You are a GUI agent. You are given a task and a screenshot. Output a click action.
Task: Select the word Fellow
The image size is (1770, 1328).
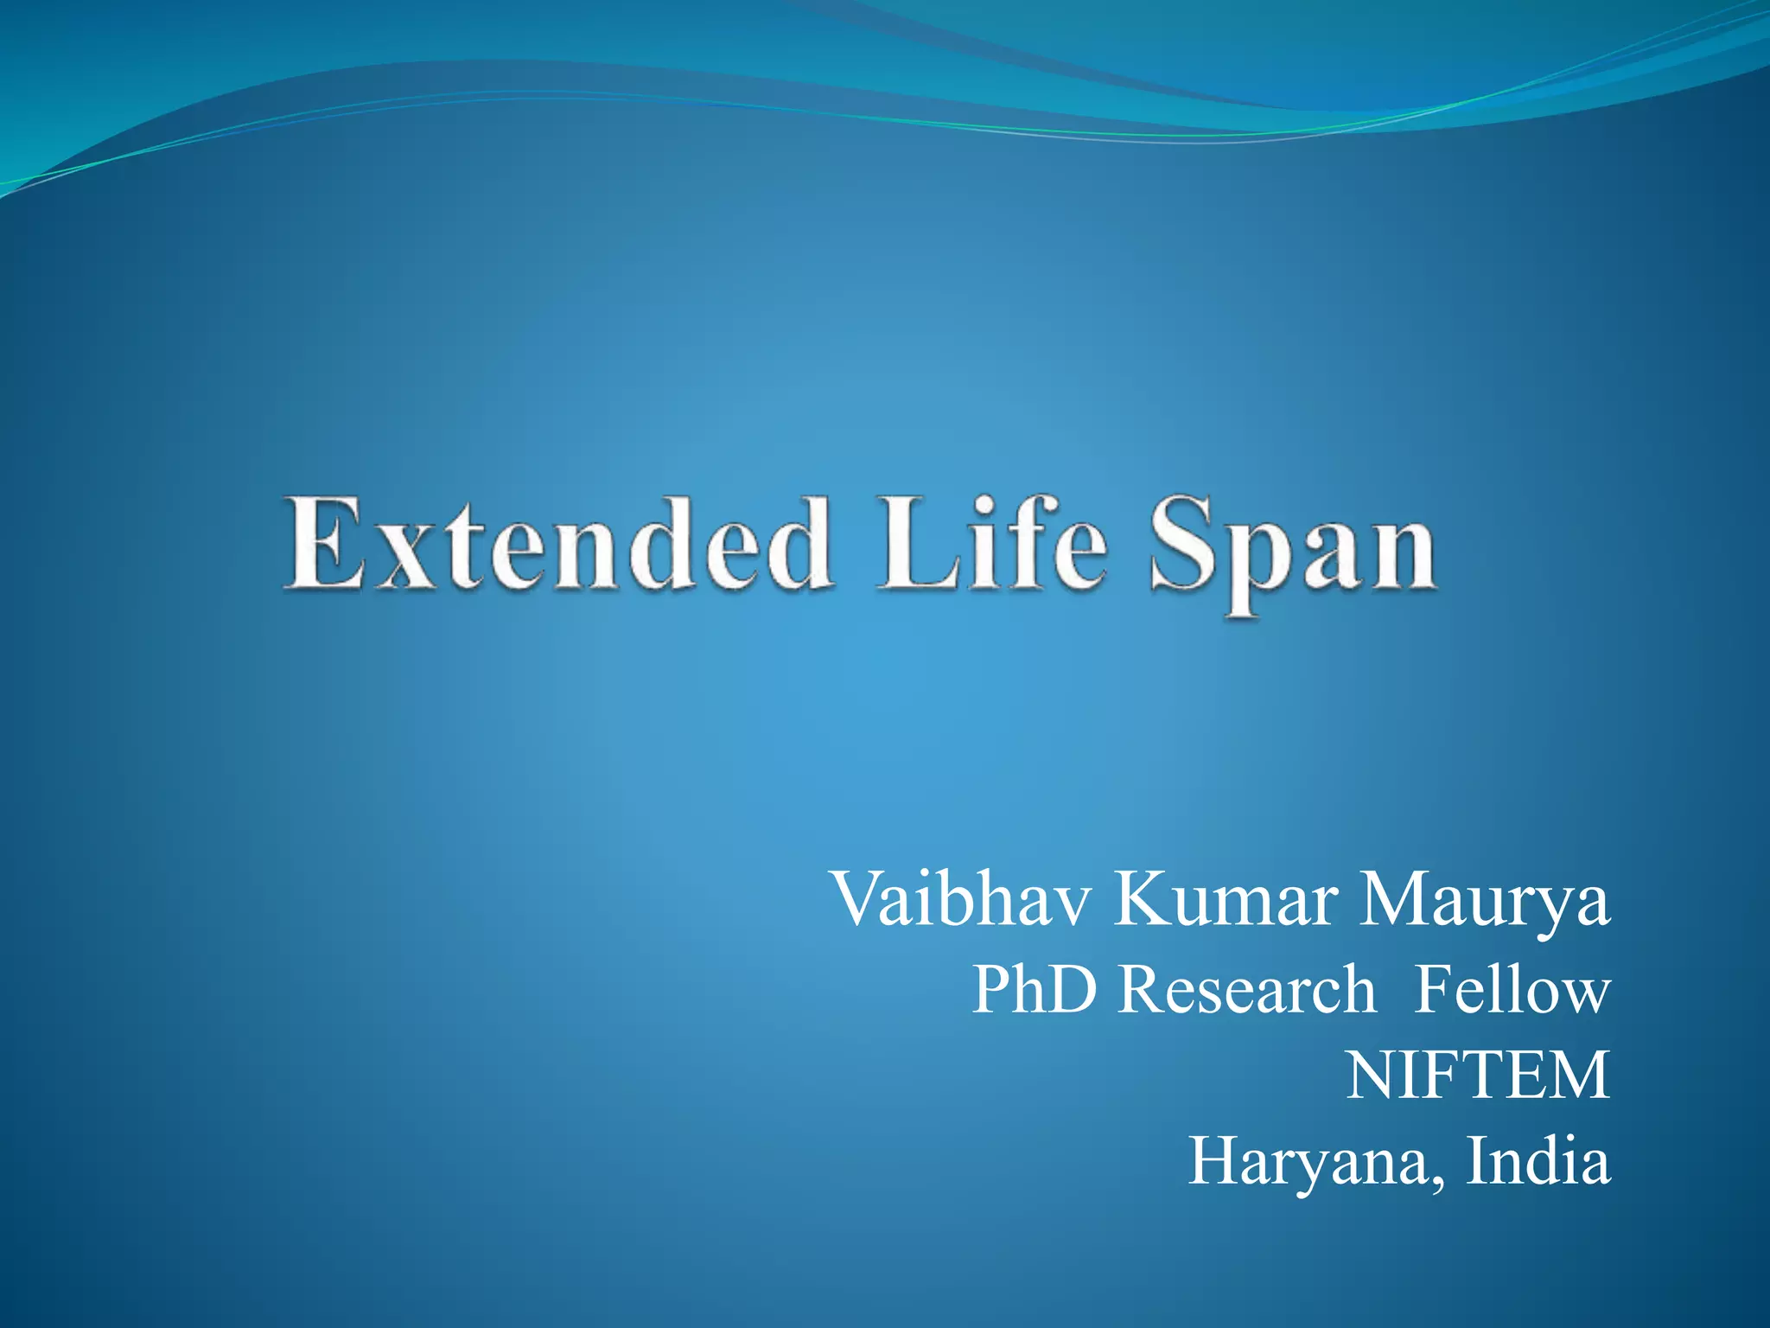pos(1513,989)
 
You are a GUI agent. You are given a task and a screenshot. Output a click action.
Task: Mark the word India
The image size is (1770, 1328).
pos(1538,1160)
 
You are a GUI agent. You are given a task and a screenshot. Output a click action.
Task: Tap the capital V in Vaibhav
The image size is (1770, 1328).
pos(860,900)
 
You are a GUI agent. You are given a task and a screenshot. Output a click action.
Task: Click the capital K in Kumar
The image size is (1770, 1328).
pos(1142,900)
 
